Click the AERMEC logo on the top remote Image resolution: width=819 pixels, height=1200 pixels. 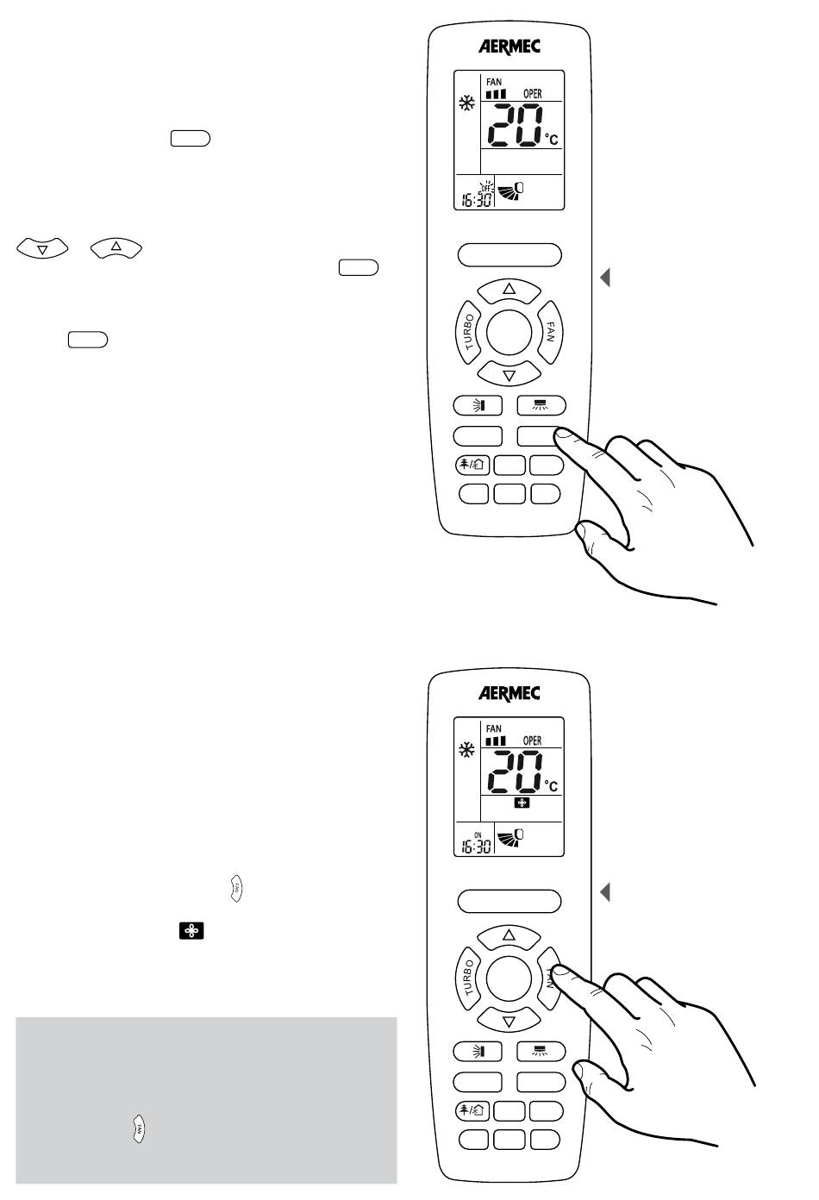(x=510, y=47)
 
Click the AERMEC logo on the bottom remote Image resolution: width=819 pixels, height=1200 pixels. (x=510, y=693)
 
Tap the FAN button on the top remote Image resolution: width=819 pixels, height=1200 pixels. (x=549, y=330)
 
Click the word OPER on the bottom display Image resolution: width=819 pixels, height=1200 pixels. (x=532, y=741)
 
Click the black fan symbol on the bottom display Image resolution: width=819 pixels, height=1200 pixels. (x=522, y=803)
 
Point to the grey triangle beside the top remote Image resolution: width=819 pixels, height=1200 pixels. (x=605, y=278)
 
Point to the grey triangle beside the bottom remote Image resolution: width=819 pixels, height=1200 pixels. (x=605, y=891)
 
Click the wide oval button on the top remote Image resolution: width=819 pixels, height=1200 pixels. (x=509, y=255)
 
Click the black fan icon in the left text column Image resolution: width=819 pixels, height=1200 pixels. (x=191, y=932)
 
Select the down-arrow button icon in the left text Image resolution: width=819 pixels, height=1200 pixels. (x=42, y=249)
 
